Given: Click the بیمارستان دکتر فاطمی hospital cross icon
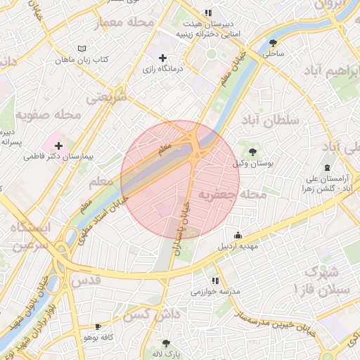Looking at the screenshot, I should tap(58, 146).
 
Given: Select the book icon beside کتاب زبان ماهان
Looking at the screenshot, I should tap(82, 49).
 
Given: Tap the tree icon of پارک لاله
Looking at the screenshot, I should tap(165, 343).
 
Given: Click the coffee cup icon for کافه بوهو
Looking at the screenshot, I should tap(97, 327).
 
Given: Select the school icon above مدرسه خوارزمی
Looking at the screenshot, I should tap(215, 281).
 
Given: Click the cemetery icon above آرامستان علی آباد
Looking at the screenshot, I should tap(326, 167).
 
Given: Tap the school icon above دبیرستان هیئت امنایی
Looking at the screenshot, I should tap(207, 13).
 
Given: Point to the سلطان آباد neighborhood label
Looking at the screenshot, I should tap(271, 121).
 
